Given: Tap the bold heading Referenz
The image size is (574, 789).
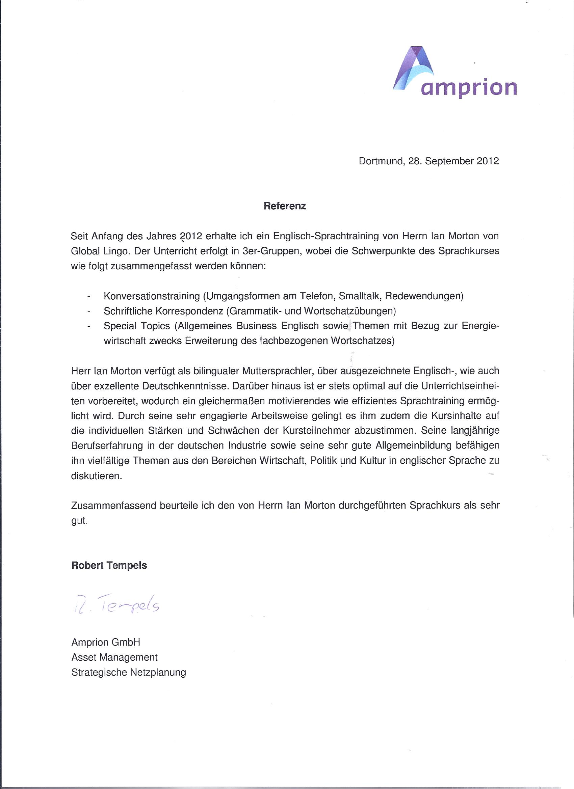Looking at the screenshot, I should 284,206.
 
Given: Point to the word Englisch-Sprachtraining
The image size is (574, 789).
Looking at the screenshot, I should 326,236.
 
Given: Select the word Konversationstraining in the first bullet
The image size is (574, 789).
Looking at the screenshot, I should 151,296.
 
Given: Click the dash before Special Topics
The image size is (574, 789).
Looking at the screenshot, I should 89,327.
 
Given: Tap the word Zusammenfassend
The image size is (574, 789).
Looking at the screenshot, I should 113,506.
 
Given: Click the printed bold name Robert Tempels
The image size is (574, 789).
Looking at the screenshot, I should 109,565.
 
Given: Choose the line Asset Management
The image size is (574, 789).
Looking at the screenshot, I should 114,657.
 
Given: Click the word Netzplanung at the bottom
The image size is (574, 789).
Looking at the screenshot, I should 158,673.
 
